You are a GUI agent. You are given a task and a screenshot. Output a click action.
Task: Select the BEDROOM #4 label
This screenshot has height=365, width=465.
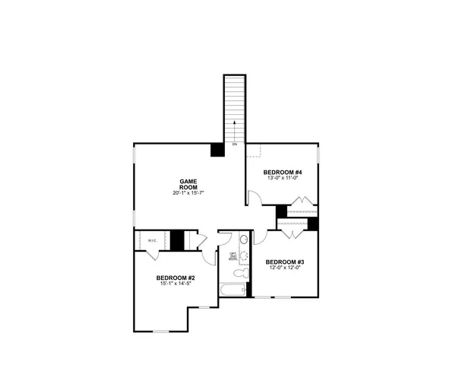coord(283,173)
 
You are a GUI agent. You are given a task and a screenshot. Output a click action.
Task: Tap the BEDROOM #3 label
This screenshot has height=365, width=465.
coord(284,262)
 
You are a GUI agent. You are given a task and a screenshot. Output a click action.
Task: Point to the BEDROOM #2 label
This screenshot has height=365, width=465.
coord(176,278)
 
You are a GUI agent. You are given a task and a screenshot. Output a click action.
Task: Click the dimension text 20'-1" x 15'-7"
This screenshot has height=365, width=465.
coord(188,193)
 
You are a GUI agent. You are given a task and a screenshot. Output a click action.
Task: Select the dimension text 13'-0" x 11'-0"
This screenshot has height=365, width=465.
coord(283,179)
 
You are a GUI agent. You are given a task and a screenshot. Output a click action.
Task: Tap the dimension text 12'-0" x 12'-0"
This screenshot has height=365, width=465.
coord(284,268)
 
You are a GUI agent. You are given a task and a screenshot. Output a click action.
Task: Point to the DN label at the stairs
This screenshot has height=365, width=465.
coord(235,144)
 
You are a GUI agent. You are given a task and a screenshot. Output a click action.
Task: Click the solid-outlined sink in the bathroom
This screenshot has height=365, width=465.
coord(243,240)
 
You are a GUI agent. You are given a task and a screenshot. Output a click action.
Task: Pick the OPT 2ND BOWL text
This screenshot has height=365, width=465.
coord(232,256)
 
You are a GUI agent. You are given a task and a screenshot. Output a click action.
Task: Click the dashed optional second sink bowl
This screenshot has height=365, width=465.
coord(243,254)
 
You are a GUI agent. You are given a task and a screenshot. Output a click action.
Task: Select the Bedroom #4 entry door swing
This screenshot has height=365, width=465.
coord(255,198)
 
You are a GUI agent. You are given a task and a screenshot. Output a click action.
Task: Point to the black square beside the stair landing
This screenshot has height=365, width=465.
coord(217,150)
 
